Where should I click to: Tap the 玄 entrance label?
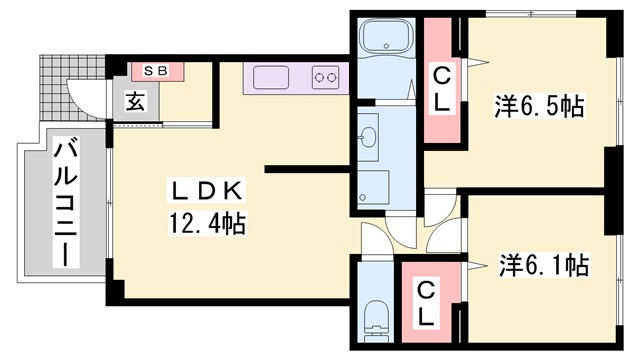[135, 101]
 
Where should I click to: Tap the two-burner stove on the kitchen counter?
[327, 76]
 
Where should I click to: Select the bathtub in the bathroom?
[385, 43]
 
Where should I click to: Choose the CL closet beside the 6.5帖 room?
[441, 88]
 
